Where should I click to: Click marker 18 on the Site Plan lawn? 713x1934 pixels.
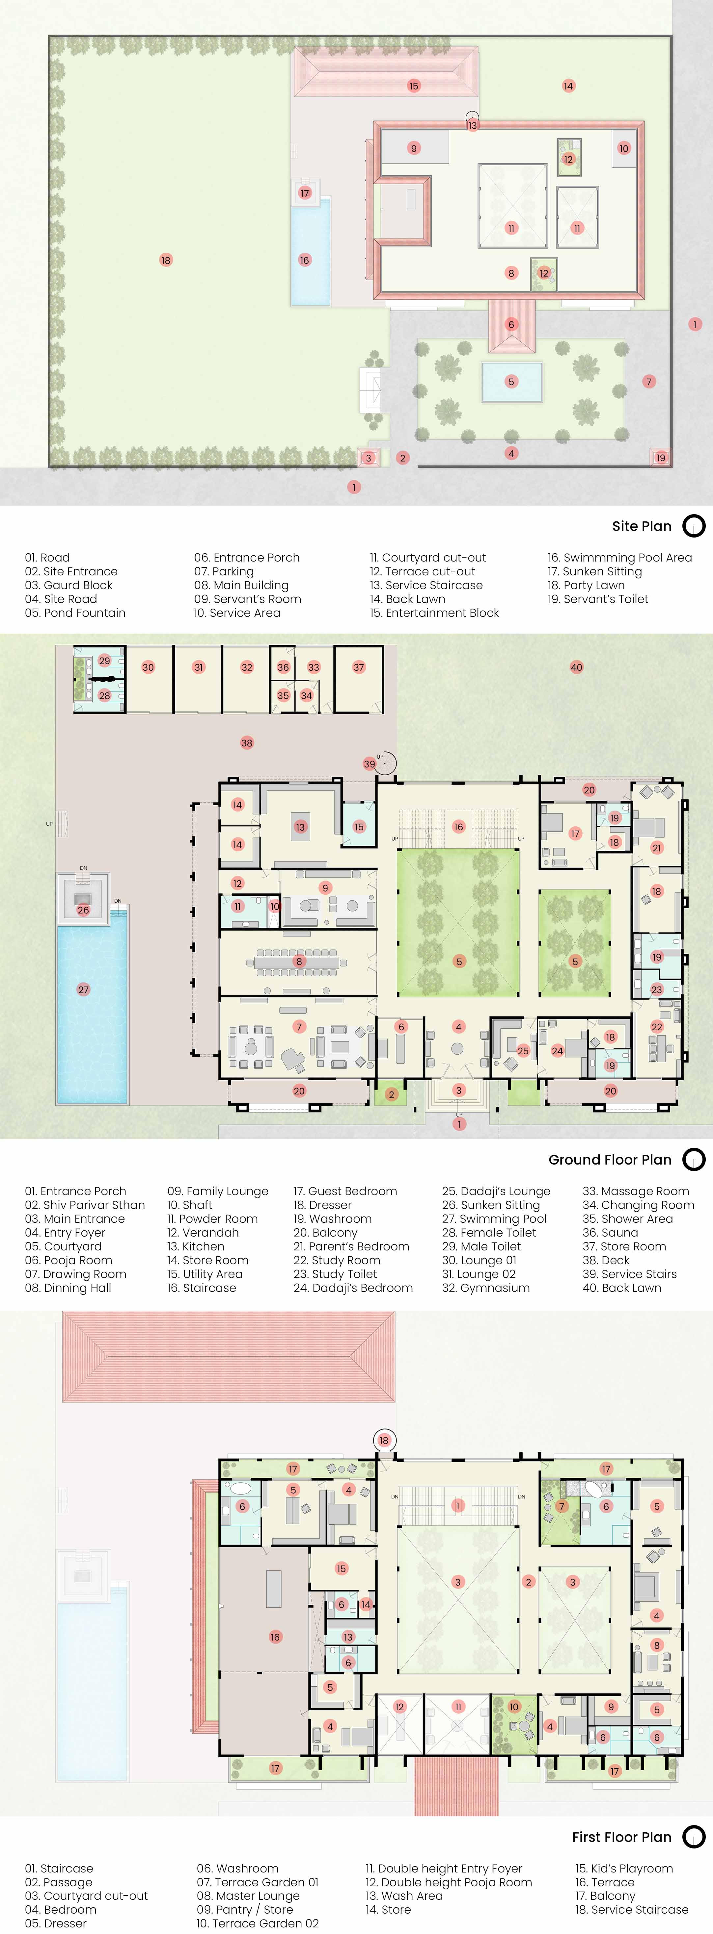click(166, 261)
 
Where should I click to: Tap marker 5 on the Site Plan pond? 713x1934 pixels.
click(511, 381)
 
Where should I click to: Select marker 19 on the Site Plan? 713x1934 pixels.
click(660, 457)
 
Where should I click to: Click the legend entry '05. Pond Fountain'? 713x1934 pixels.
click(75, 613)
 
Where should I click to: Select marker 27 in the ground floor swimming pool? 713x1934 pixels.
click(83, 990)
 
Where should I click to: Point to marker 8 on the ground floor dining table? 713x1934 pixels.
click(299, 961)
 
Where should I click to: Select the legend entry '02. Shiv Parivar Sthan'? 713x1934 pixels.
click(85, 1205)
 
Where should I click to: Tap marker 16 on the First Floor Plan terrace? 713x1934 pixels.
click(275, 1637)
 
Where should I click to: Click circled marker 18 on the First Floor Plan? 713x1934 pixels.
click(384, 1440)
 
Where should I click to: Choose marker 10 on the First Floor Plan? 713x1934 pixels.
click(514, 1706)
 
